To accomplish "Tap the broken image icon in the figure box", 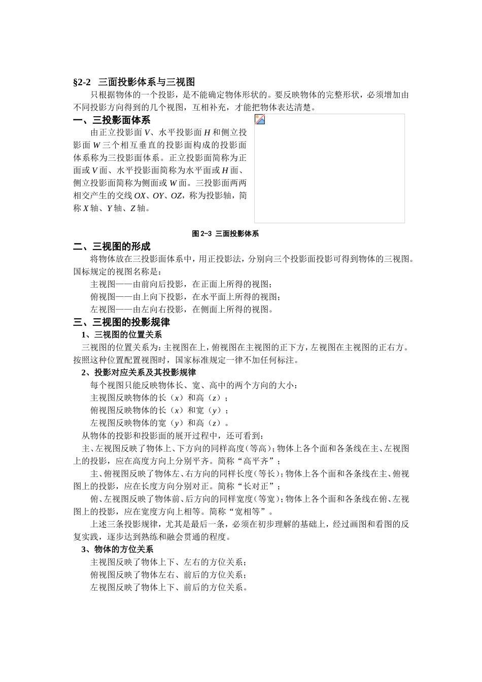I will pos(260,120).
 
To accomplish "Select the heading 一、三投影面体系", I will pos(112,120).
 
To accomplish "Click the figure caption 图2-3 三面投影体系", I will pos(225,234).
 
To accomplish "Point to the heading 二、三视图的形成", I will pos(112,247).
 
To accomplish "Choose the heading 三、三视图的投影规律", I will pos(121,322).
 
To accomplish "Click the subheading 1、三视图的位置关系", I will pos(121,335).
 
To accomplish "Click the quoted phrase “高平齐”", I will pos(260,461).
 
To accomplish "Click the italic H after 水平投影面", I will pos(207,133).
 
